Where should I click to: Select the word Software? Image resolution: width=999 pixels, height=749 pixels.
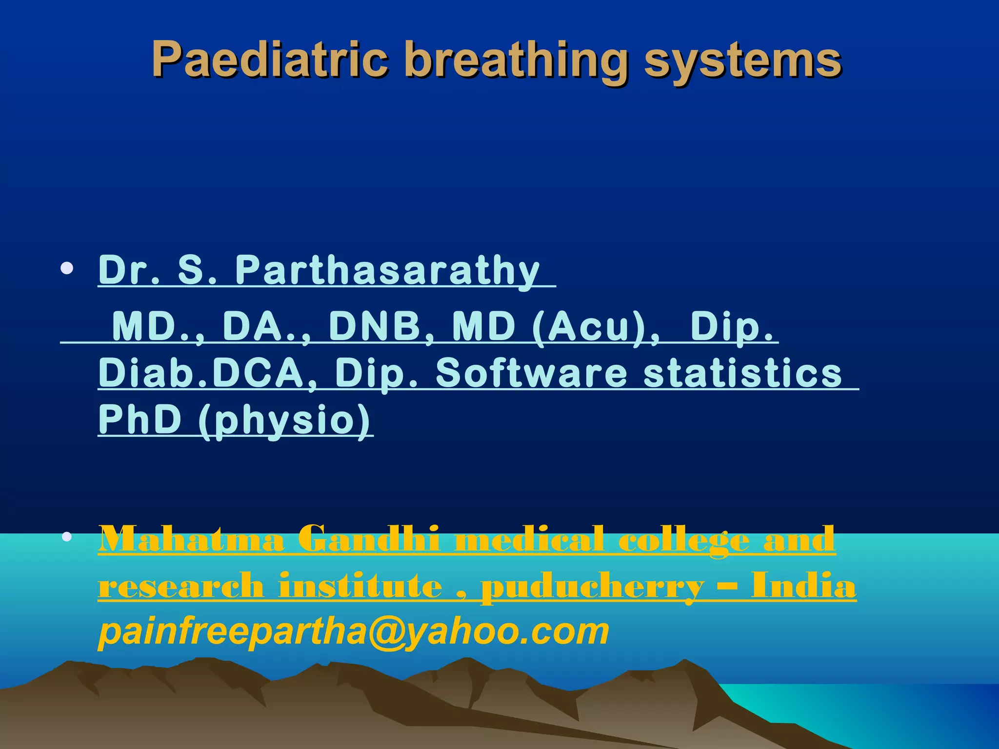531,373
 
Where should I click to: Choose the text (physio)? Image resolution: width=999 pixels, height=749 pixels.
285,421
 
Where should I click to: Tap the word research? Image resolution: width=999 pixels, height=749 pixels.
180,586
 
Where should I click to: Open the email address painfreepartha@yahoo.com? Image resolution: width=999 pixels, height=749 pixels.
354,631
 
